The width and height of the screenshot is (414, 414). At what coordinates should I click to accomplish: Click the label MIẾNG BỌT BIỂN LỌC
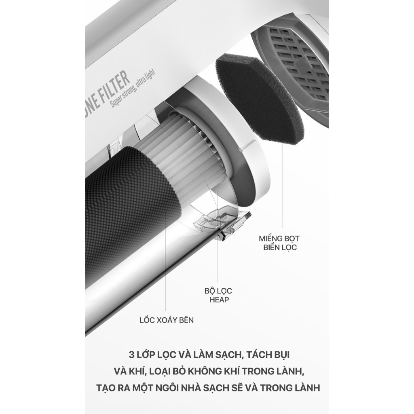pyautogui.click(x=279, y=243)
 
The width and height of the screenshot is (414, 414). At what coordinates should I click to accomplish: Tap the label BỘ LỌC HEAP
pyautogui.click(x=218, y=295)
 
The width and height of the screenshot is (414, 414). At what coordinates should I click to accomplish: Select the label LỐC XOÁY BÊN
pyautogui.click(x=167, y=320)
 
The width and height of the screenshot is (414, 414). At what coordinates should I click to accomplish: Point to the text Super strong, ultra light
pyautogui.click(x=133, y=89)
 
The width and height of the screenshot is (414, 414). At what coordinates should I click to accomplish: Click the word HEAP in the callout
pyautogui.click(x=219, y=300)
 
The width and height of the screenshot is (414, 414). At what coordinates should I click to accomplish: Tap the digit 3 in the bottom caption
pyautogui.click(x=131, y=355)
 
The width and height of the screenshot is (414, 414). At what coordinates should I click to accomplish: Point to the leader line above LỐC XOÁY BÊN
pyautogui.click(x=165, y=260)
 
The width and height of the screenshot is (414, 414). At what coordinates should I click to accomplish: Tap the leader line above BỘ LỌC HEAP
pyautogui.click(x=217, y=236)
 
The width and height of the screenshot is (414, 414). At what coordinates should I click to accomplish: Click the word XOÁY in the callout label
pyautogui.click(x=168, y=320)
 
